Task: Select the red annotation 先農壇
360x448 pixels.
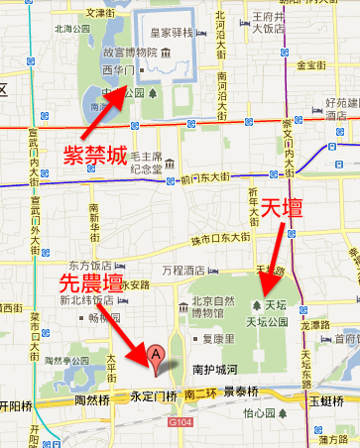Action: [x=92, y=282]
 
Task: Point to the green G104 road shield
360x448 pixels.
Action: [x=180, y=421]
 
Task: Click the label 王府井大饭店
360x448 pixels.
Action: [x=270, y=23]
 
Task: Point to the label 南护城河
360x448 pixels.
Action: [x=213, y=369]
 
